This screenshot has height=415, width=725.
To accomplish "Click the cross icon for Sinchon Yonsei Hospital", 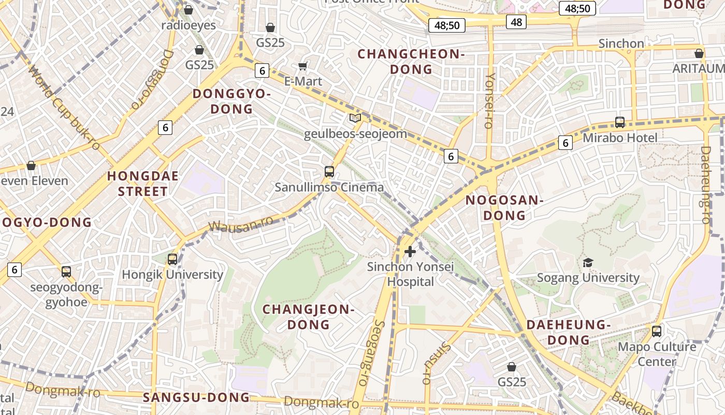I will [410, 252].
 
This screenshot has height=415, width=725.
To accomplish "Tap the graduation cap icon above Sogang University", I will [588, 262].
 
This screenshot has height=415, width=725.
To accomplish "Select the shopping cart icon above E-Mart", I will [303, 66].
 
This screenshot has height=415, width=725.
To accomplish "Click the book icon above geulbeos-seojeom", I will [355, 118].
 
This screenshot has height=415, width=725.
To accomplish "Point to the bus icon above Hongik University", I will [172, 259].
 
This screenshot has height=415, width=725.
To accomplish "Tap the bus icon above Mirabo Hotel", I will [620, 122].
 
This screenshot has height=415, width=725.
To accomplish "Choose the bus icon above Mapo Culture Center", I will [657, 331].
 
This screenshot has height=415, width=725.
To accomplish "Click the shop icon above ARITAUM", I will [699, 53].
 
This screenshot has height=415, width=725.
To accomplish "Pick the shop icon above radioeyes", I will [189, 10].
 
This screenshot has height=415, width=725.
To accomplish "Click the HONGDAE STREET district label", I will [143, 184].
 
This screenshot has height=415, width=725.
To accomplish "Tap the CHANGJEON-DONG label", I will [309, 317].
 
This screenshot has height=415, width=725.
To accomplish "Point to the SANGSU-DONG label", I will [196, 398].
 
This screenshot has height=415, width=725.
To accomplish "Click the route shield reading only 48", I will [516, 22].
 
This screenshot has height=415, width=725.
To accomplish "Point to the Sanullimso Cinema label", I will [329, 187].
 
